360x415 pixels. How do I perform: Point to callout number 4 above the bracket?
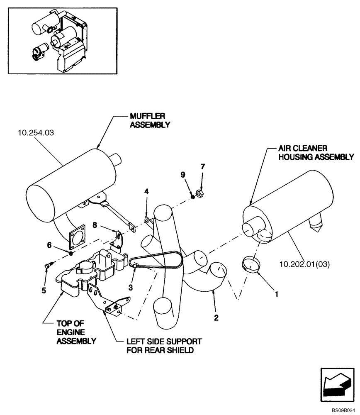[146, 191]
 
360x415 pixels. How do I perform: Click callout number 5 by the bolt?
[44, 290]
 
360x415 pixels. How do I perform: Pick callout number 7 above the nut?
[203, 167]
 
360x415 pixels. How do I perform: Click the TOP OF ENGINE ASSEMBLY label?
[71, 333]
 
